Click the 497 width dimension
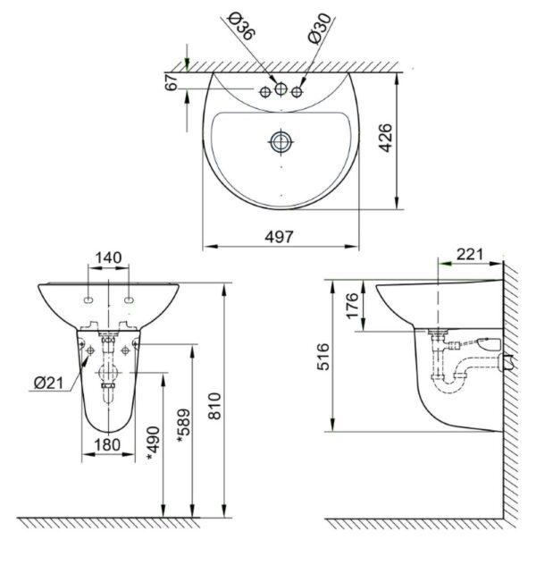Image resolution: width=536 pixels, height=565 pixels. click(x=281, y=236)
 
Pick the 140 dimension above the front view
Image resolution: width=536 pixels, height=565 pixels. click(x=108, y=258)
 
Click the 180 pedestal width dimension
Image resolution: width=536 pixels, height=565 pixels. click(x=108, y=445)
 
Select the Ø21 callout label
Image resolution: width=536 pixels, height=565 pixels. click(x=47, y=383)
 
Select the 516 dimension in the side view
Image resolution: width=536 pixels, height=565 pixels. click(x=322, y=358)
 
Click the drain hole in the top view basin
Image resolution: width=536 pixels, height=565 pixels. click(x=281, y=140)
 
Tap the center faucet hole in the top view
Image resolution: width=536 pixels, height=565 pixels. click(x=281, y=89)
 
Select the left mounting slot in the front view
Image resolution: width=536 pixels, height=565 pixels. click(x=90, y=299)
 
